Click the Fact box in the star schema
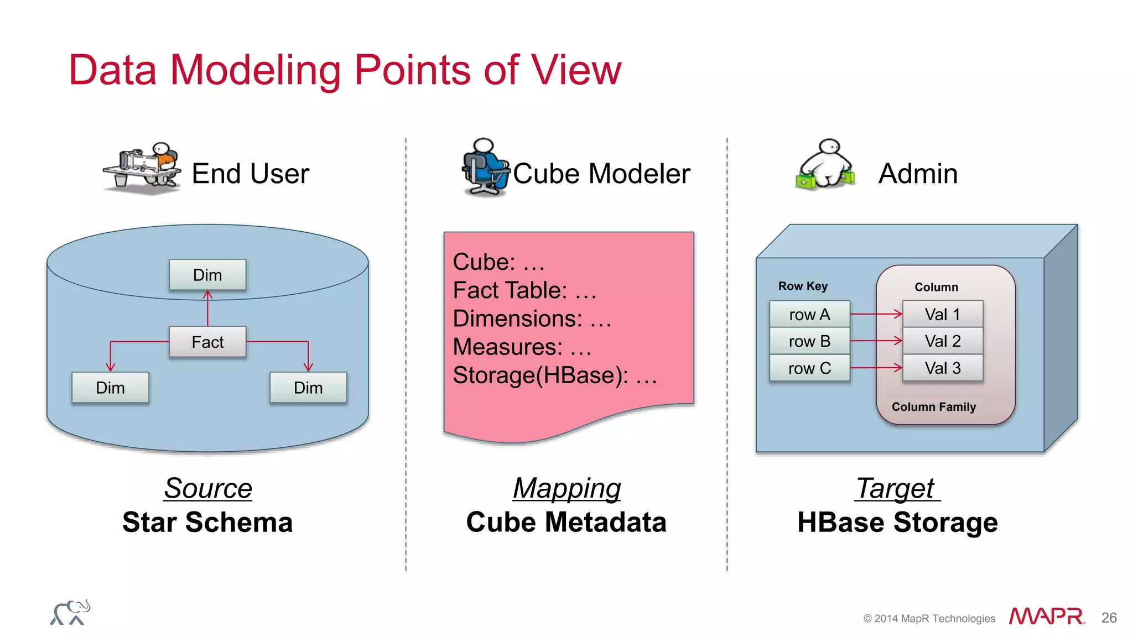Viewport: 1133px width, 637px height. (207, 342)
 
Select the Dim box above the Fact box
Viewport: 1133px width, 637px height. (207, 275)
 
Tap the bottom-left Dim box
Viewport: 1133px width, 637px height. (110, 388)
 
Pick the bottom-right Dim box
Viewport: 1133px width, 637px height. (308, 388)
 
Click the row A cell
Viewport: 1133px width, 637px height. (809, 314)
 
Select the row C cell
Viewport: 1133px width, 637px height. (809, 368)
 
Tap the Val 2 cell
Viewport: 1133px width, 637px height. (943, 341)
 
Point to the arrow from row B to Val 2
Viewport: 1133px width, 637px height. (876, 341)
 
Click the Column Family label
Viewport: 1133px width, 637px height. (934, 407)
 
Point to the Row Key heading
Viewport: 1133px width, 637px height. (803, 286)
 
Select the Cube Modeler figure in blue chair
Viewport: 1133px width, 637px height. (485, 167)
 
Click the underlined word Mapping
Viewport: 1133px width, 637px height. (566, 488)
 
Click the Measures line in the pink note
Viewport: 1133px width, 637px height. (522, 347)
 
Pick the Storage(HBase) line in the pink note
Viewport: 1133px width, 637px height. (555, 375)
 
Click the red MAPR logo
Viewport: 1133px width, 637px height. (1046, 617)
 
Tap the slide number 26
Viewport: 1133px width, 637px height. (1109, 618)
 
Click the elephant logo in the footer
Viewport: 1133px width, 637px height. (70, 613)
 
